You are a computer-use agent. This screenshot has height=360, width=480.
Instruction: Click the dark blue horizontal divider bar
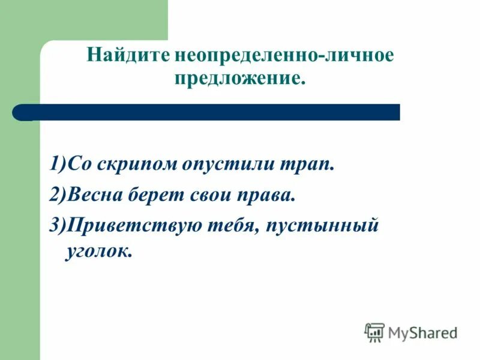[x=207, y=112]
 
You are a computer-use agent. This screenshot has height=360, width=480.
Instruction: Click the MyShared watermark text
[x=422, y=332]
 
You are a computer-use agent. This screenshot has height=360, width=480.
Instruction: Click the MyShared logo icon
[x=374, y=332]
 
